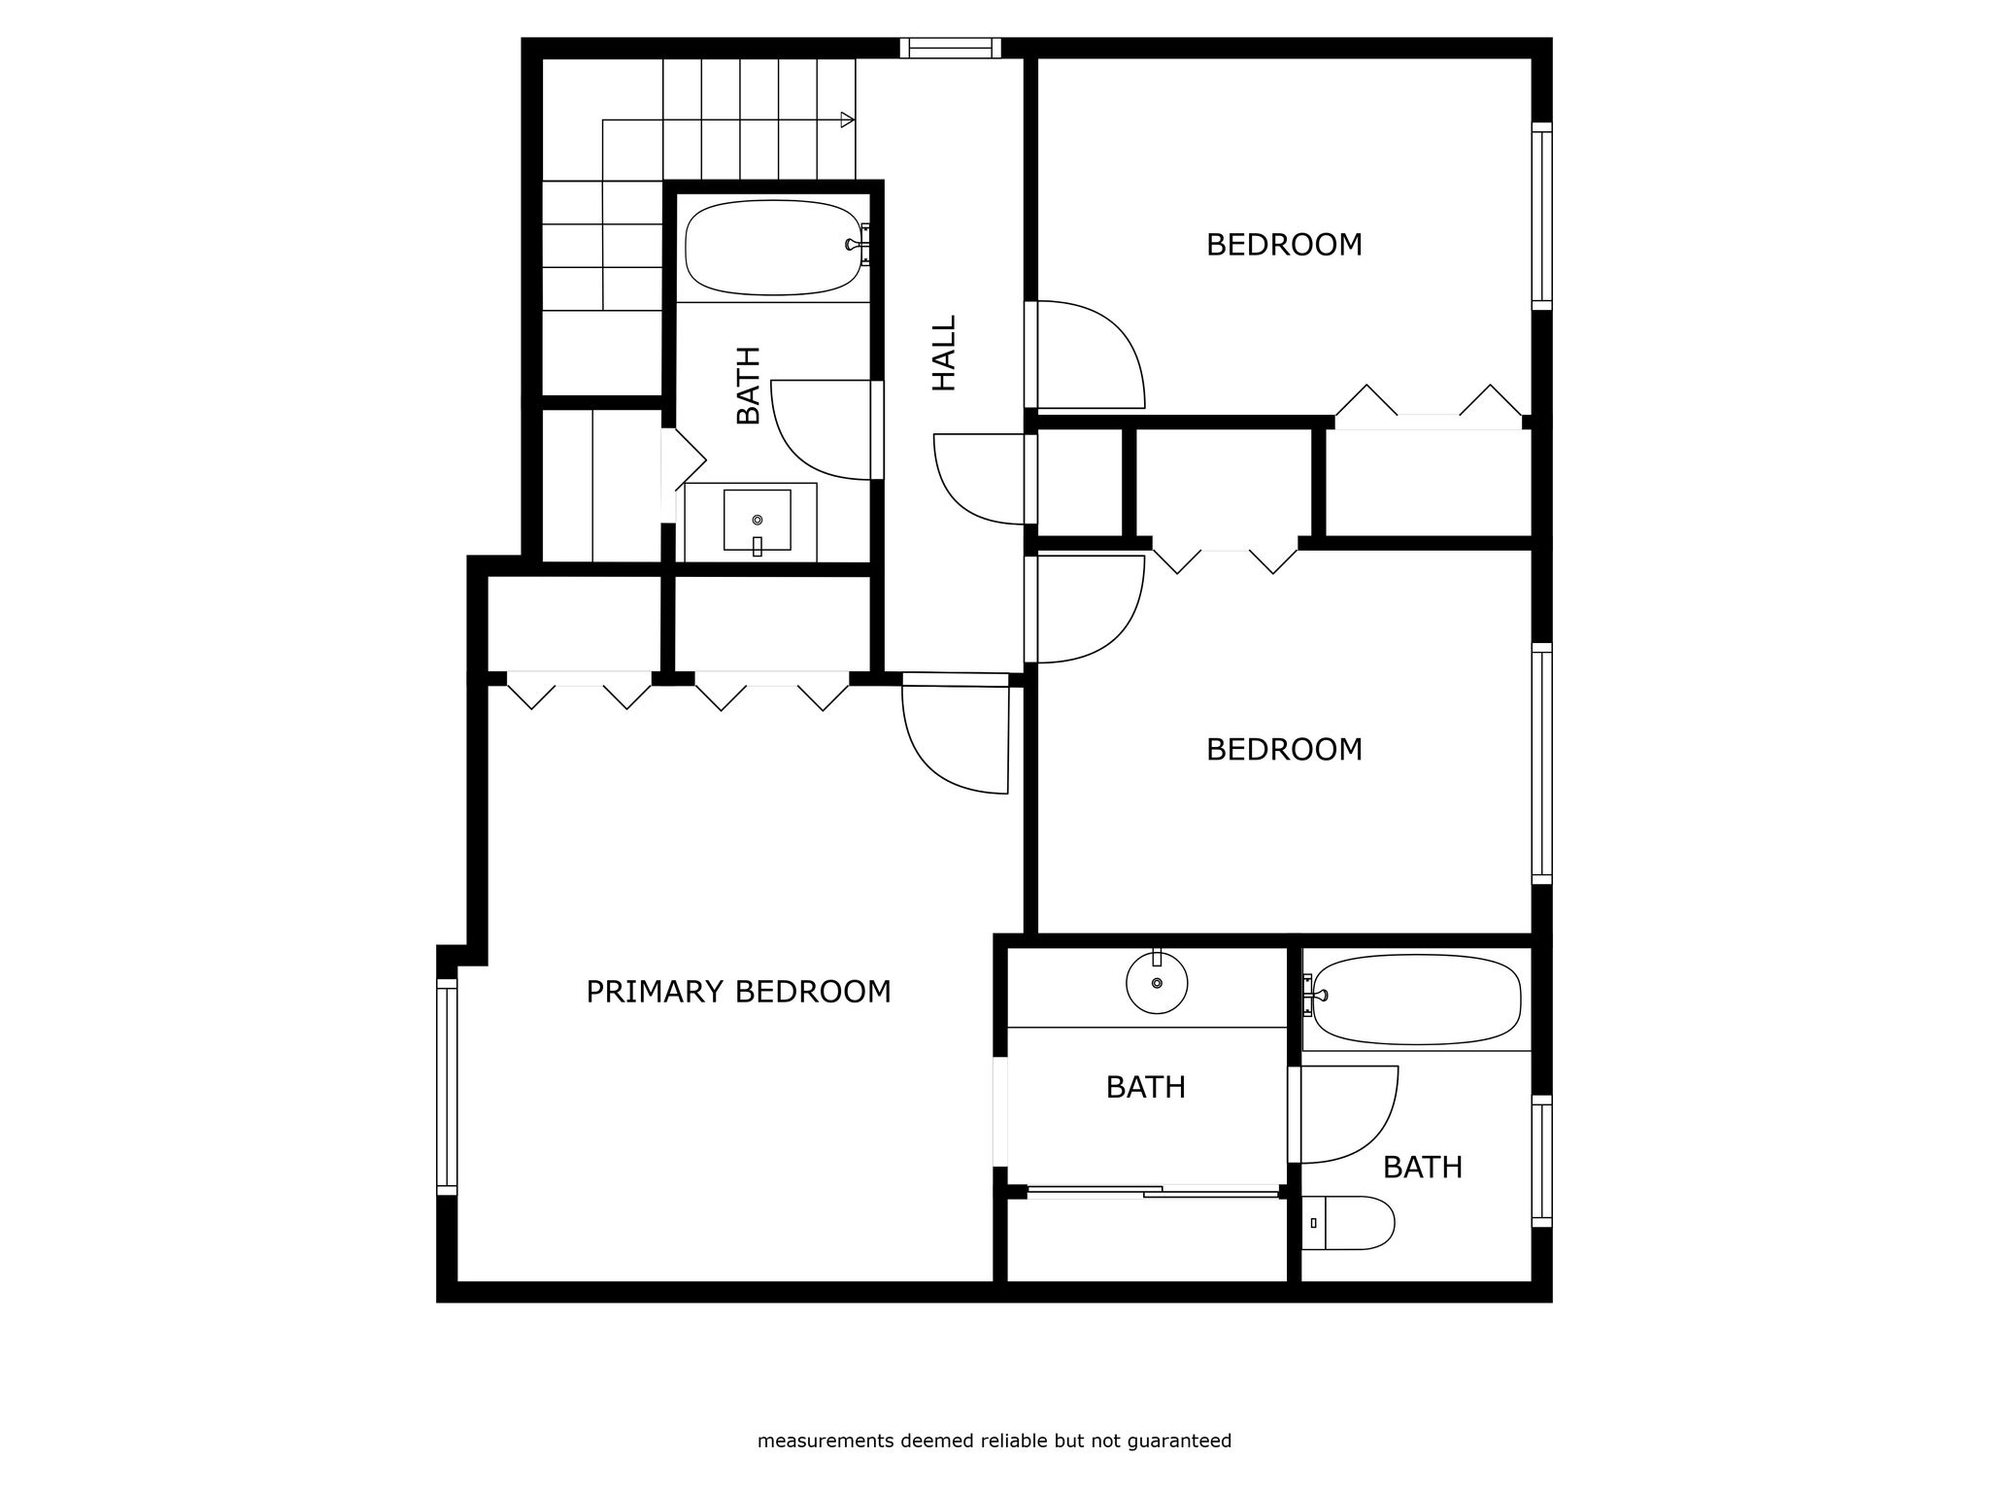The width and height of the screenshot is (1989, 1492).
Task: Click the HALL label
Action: (944, 353)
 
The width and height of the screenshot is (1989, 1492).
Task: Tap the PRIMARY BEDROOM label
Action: (738, 992)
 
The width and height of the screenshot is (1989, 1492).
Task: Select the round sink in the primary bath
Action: (1157, 982)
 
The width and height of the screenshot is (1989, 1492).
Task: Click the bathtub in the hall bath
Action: (774, 248)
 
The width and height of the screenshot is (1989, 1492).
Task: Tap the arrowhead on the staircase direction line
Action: (848, 120)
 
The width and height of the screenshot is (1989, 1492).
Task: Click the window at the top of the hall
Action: (950, 49)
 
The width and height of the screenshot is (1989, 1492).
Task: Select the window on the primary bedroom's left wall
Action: (447, 1086)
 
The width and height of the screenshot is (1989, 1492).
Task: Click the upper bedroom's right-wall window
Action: (1541, 217)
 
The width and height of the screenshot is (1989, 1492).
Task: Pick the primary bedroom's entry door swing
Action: (957, 735)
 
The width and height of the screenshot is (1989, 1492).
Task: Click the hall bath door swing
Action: (826, 429)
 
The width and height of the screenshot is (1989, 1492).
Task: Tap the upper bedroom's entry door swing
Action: (1085, 355)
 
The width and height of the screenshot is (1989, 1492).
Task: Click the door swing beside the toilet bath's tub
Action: (1345, 1114)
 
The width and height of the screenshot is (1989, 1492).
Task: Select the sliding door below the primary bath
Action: (1153, 1191)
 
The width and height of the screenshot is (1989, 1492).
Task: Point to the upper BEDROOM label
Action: (1284, 245)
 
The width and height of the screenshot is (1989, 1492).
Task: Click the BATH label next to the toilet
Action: (1422, 1167)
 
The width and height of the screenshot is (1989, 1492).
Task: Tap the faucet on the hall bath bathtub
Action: (859, 244)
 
